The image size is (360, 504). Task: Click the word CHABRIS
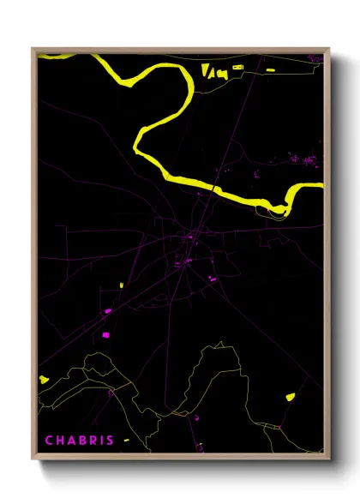(x=79, y=441)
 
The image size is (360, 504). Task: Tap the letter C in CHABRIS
(x=49, y=441)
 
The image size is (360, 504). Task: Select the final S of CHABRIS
(x=110, y=441)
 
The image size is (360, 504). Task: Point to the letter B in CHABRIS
(x=80, y=441)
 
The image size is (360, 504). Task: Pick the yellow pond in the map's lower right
(x=290, y=396)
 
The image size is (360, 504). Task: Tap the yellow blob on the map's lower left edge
(x=44, y=378)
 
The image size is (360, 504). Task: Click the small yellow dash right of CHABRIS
(x=125, y=441)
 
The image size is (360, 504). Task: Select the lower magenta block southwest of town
(x=106, y=334)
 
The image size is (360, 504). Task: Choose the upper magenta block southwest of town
(x=108, y=311)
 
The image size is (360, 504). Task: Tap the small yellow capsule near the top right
(x=271, y=69)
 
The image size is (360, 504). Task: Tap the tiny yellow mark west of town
(x=121, y=285)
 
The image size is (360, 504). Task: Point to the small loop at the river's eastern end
(x=281, y=208)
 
